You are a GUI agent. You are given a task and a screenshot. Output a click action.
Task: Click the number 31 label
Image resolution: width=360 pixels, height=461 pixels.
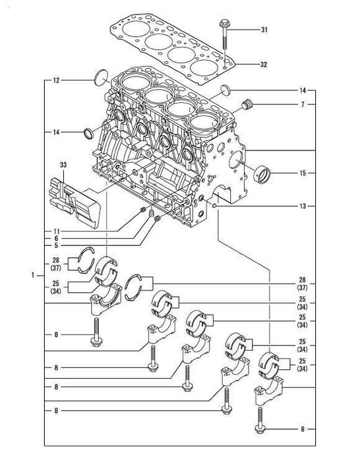pyautogui.click(x=265, y=31)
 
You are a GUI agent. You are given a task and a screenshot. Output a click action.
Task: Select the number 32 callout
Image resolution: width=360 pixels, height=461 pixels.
pyautogui.click(x=265, y=65)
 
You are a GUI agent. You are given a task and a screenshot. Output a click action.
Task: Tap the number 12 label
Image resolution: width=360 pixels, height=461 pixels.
pyautogui.click(x=56, y=80)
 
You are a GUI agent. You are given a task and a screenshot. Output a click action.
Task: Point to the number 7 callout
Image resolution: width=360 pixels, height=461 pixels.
pyautogui.click(x=303, y=105)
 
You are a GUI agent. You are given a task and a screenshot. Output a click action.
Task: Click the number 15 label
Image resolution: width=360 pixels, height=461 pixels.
pyautogui.click(x=303, y=174)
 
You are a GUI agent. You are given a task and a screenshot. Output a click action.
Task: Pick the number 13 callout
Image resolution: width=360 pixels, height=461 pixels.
pyautogui.click(x=303, y=206)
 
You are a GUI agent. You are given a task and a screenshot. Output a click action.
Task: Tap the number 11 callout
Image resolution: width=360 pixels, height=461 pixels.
pyautogui.click(x=57, y=230)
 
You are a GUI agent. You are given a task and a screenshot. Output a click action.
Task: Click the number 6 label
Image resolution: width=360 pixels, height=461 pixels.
pyautogui.click(x=57, y=238)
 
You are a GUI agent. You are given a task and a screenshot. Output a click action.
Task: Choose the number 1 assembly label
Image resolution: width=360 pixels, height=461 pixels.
pyautogui.click(x=33, y=274)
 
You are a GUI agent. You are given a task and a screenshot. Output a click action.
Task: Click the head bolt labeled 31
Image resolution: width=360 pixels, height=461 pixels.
pyautogui.click(x=223, y=33)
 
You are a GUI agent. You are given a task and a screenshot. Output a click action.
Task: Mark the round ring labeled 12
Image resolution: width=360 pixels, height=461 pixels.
pyautogui.click(x=100, y=77)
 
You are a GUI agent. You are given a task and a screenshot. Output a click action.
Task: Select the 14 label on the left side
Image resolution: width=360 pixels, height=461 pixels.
pyautogui.click(x=56, y=133)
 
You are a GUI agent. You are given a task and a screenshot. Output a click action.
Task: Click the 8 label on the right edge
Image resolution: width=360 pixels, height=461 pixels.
pyautogui.click(x=303, y=429)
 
